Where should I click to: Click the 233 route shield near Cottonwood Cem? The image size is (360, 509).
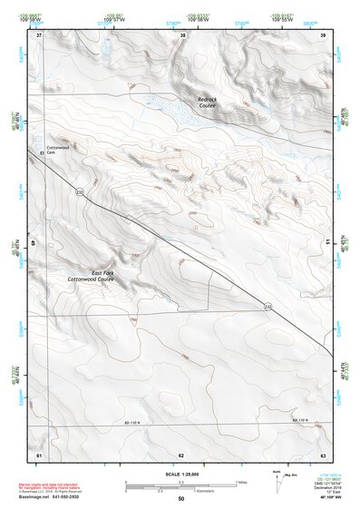(80, 193)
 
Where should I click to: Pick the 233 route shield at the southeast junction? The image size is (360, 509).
(268, 307)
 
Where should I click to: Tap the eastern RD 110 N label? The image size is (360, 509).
(300, 421)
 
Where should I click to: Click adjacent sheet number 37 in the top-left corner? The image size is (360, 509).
(39, 35)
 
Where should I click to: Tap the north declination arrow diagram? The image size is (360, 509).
(277, 480)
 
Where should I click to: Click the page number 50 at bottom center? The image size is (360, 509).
(180, 498)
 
